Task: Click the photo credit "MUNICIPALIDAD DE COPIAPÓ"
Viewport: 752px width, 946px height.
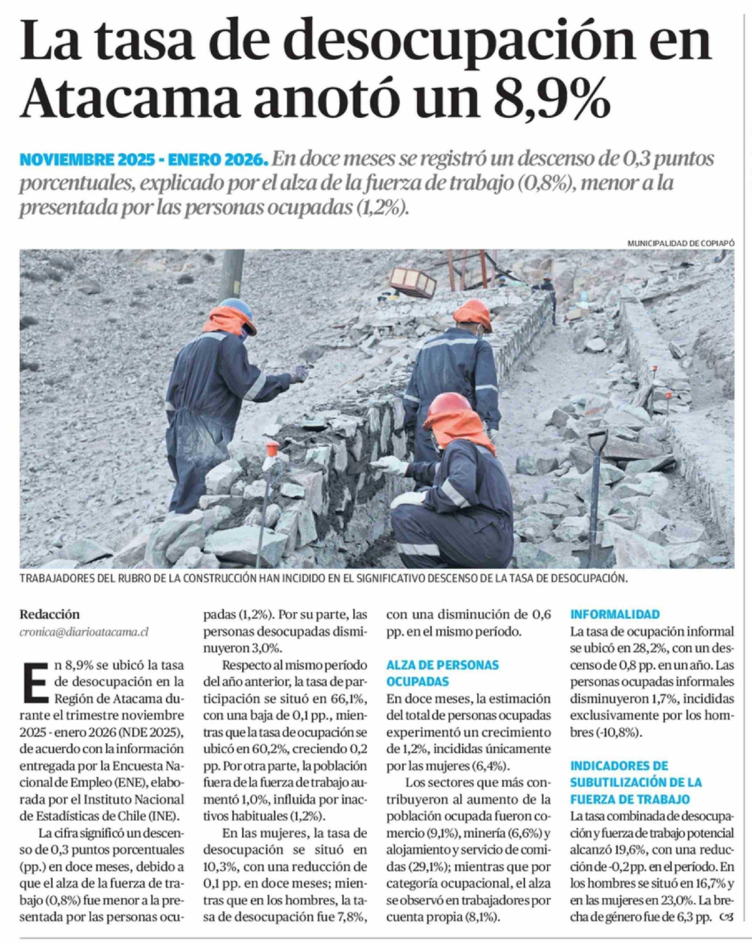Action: (681, 243)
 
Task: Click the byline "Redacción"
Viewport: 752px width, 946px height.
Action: (50, 614)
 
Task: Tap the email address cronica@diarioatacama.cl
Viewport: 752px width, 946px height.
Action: (84, 632)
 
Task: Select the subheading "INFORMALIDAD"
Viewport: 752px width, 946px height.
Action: (615, 614)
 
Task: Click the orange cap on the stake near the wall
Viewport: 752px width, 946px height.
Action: (272, 448)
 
